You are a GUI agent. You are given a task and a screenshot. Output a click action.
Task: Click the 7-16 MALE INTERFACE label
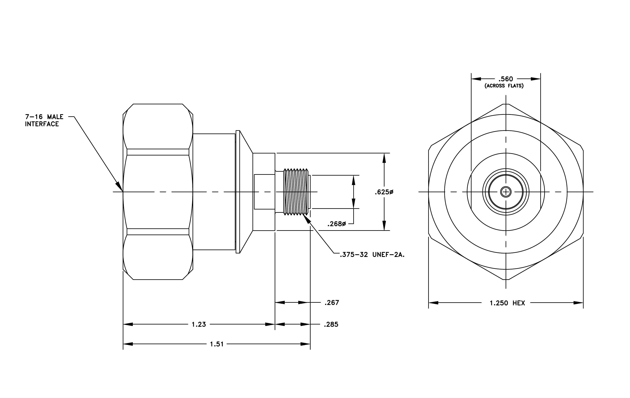44,120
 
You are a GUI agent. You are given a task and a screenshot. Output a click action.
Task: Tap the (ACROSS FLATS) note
504,86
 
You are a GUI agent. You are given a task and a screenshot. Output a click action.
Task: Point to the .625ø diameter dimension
384,192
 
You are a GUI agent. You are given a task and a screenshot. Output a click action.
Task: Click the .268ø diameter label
337,224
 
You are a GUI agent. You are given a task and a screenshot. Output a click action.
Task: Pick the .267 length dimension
332,303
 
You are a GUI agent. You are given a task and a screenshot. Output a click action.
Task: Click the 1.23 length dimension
199,324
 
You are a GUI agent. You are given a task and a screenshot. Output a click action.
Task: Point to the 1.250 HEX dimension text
507,303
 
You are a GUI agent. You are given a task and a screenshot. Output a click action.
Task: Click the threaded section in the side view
296,192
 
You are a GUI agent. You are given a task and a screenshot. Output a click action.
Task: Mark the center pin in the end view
506,192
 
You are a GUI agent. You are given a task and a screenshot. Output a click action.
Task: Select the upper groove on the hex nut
158,152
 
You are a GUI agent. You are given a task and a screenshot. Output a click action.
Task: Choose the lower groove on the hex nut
158,232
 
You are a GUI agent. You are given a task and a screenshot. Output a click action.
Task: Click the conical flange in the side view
246,192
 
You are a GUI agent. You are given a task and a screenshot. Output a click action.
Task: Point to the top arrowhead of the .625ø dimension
384,158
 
